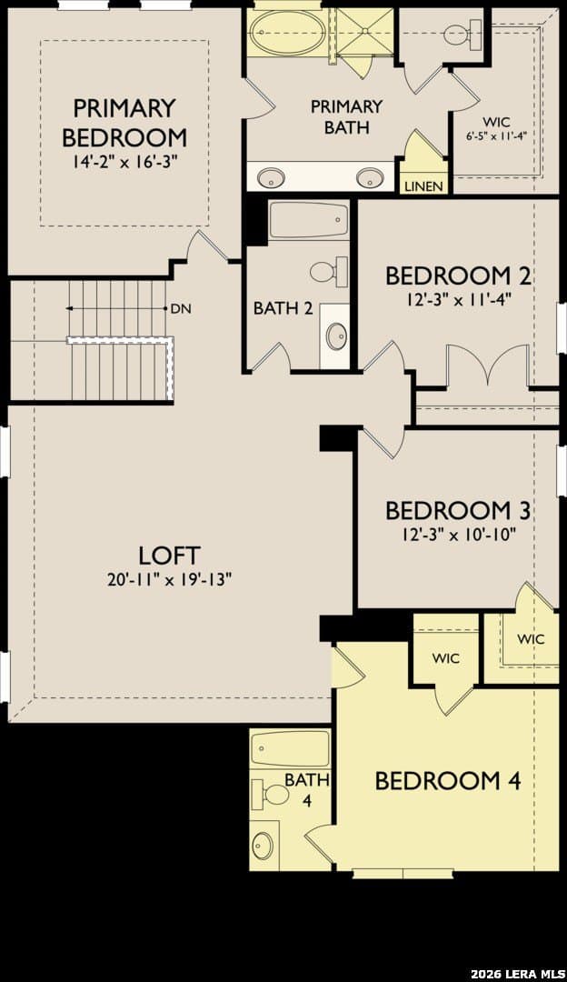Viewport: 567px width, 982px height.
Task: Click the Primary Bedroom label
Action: (x=124, y=122)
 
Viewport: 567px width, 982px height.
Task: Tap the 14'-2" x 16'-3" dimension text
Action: (x=124, y=162)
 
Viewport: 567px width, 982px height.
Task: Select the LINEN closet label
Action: (x=423, y=186)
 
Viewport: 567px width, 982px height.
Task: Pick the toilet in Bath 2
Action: (x=329, y=272)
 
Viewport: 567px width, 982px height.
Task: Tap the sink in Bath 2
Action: (x=337, y=335)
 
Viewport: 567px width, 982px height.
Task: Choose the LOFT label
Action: (x=169, y=556)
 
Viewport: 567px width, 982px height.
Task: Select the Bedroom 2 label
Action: (x=458, y=276)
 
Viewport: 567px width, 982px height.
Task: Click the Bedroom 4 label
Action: (x=448, y=781)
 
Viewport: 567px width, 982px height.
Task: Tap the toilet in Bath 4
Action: (x=270, y=795)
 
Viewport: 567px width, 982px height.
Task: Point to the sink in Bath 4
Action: (x=263, y=846)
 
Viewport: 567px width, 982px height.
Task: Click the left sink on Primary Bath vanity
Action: (x=271, y=177)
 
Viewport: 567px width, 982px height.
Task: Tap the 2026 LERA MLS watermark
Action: (x=517, y=973)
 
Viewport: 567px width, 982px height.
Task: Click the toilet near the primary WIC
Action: (x=462, y=34)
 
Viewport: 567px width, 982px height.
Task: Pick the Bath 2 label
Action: (x=283, y=308)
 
